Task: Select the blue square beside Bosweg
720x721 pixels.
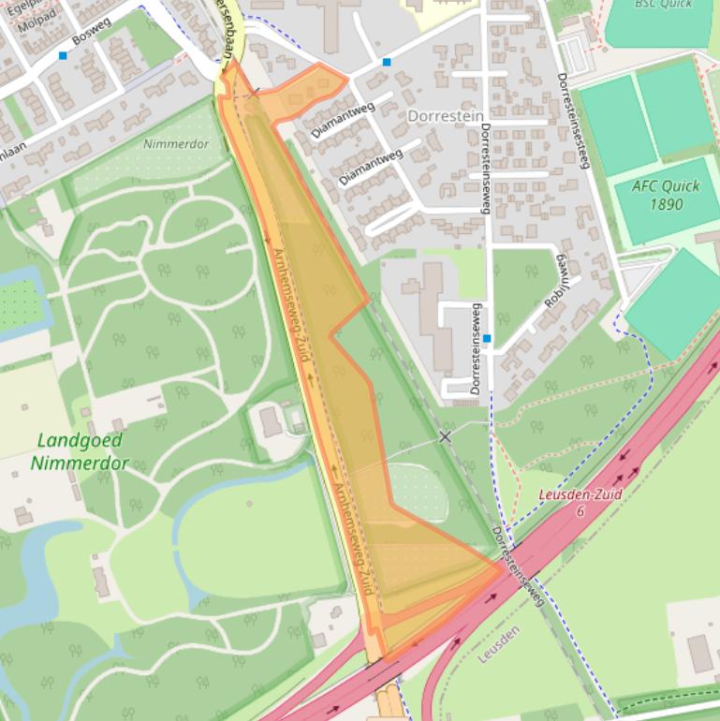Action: click(x=63, y=56)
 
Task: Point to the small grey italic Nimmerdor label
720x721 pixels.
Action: click(x=176, y=144)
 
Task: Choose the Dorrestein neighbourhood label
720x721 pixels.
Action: click(x=440, y=115)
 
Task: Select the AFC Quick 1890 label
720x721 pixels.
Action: click(x=666, y=195)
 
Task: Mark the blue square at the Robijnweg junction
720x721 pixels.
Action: click(x=487, y=338)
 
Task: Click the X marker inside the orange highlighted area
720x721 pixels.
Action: click(x=255, y=94)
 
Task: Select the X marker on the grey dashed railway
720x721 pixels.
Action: click(x=445, y=436)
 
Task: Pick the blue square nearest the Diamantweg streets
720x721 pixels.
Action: click(x=386, y=63)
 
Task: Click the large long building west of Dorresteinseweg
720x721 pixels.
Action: click(x=433, y=309)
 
